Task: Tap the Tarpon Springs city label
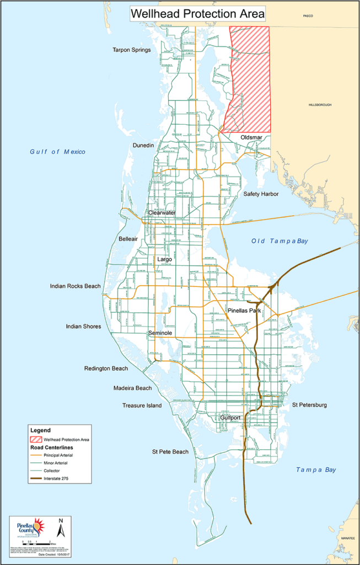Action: point(132,50)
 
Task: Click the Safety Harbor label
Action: point(261,194)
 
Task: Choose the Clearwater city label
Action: point(162,212)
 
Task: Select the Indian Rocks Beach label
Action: point(75,286)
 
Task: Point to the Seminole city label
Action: point(161,333)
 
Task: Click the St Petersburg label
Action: point(309,405)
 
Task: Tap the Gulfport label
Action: point(230,418)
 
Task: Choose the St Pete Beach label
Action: point(170,452)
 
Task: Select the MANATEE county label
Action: point(347,536)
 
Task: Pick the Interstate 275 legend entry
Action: point(58,478)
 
